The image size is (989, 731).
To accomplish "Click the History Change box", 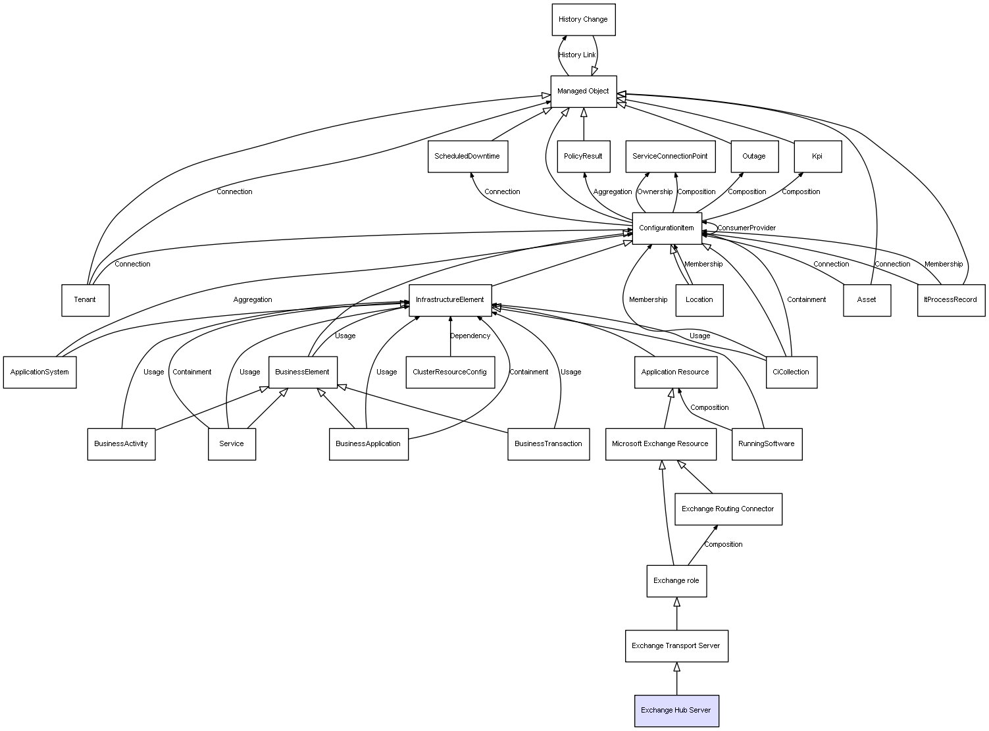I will tap(583, 20).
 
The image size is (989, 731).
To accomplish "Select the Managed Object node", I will tap(584, 91).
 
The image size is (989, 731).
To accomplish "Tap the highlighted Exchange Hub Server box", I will tap(676, 711).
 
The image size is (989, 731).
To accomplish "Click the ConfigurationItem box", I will tap(667, 228).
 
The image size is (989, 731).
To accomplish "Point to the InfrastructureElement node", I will tap(450, 300).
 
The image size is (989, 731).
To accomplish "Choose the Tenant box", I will tap(85, 300).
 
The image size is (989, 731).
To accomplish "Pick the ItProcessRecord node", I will tap(951, 300).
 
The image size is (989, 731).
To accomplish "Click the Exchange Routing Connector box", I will tap(728, 509).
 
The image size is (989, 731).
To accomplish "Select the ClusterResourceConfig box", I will tap(450, 372).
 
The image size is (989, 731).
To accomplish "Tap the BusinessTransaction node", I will tap(548, 444).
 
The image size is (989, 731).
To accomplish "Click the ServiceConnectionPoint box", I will tap(670, 157).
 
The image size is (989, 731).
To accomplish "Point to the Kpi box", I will tap(817, 157).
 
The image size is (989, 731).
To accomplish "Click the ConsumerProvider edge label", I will tap(747, 228).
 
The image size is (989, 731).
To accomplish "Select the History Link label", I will tap(577, 55).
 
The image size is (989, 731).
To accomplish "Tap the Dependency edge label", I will tap(470, 336).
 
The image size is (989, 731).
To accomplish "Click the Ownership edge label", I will tap(655, 192).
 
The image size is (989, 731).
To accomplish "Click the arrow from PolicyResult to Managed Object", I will tap(584, 124).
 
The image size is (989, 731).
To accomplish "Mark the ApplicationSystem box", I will tap(39, 372).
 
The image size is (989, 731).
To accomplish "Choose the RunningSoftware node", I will tap(767, 444).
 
